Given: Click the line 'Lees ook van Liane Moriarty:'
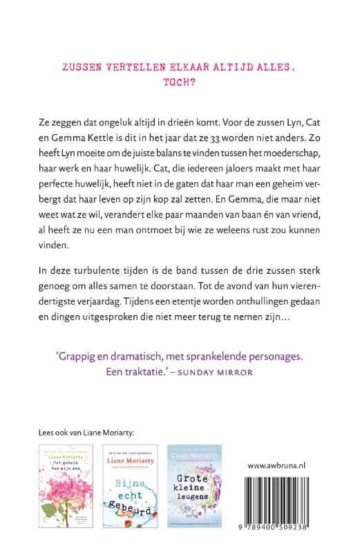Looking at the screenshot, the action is pos(88,433).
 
